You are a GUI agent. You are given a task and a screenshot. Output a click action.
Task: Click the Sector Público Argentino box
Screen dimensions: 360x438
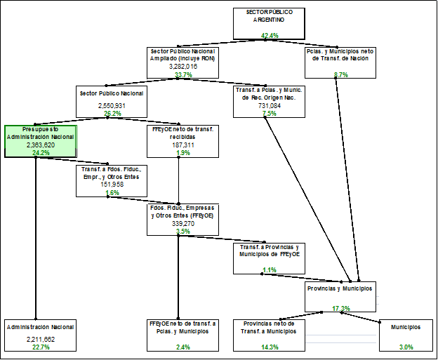270,22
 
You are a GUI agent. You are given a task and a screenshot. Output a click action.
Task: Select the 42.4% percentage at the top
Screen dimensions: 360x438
270,35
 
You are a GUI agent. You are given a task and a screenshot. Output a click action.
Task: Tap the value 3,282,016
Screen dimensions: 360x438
182,67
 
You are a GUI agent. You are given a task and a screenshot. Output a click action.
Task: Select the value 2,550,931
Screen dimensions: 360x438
112,105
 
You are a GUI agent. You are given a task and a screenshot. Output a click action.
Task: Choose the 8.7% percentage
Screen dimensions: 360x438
341,74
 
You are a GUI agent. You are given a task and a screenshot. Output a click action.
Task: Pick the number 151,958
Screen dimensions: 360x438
112,184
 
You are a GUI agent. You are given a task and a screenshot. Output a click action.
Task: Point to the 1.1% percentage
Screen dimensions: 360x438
270,270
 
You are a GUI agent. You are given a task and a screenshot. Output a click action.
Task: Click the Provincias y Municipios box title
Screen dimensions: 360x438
340,288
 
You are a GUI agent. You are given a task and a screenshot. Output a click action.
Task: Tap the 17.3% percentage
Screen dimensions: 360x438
341,308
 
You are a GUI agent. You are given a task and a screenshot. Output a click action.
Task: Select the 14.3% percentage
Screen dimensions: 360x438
270,347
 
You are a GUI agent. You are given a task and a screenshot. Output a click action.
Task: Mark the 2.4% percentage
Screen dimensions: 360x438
182,347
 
